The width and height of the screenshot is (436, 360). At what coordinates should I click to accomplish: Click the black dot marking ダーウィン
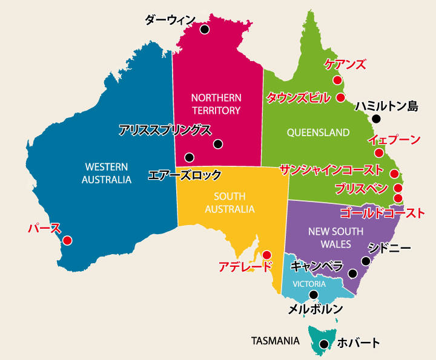coord(204,29)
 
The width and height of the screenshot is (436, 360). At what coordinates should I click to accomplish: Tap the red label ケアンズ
coord(345,64)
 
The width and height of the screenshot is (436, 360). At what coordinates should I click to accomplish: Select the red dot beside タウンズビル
coord(340,97)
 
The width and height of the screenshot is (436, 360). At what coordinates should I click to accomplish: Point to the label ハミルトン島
coord(387,106)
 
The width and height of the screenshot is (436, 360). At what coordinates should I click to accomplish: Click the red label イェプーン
coord(394,140)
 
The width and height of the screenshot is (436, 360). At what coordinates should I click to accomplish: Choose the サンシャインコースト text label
coord(331,170)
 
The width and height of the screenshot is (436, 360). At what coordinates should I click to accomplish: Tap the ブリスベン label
coord(362,188)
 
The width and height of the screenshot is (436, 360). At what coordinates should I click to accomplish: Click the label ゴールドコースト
coord(382,212)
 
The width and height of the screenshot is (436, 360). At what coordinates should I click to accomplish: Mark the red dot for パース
coord(68,240)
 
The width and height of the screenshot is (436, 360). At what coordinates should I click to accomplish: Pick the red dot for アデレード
coord(266,255)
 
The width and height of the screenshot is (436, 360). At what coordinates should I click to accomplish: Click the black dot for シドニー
coord(366,261)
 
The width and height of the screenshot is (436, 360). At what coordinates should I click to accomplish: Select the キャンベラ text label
coord(317,266)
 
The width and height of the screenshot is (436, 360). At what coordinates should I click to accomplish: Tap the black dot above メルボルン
coord(313,295)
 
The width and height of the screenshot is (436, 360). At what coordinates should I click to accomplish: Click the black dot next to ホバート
coord(324,344)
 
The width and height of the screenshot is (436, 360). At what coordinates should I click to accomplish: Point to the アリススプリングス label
coord(165,129)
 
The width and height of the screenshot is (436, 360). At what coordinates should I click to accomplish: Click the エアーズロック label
coord(185,175)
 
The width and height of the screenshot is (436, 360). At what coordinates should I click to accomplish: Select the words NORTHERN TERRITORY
coord(216,104)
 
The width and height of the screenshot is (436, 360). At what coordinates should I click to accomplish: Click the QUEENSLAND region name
coord(318,132)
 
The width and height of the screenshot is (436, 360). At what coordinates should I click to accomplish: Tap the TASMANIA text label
coord(276,341)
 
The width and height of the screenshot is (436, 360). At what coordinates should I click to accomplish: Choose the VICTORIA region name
coord(309,284)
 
